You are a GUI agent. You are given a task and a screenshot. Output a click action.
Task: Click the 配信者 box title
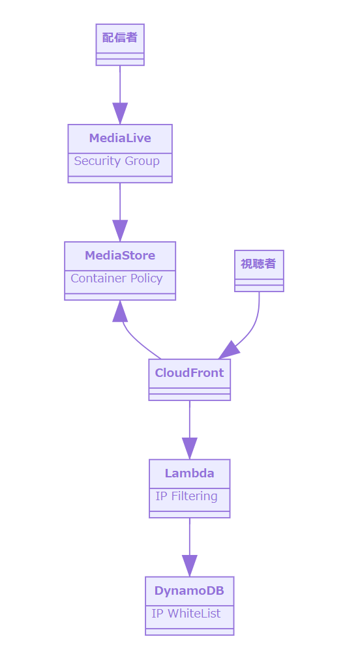(120, 38)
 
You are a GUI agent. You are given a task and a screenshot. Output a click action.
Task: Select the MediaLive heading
(120, 138)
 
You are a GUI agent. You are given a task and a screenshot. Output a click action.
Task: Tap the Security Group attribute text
(117, 161)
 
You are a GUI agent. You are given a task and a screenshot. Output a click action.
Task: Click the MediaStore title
(120, 255)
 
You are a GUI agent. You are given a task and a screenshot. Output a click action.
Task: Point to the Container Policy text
(117, 278)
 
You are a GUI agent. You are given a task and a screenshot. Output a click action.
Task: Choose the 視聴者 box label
(259, 264)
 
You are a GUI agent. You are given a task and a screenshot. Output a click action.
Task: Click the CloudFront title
(189, 373)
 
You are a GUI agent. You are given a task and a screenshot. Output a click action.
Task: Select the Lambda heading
(189, 473)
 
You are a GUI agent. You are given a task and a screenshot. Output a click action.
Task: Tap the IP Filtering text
(187, 496)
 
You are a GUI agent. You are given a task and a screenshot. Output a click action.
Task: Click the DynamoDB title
(189, 591)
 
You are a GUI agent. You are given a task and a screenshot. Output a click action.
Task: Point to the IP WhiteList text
(186, 614)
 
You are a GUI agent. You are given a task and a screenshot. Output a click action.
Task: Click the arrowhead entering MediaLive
(120, 113)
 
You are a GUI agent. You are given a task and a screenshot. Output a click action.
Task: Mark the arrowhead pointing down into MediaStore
(120, 231)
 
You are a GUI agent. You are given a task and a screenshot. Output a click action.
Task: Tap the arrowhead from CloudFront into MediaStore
(120, 311)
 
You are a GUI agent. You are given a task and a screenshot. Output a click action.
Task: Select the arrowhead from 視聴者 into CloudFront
(229, 350)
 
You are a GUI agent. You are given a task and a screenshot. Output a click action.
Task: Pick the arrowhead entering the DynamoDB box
(190, 565)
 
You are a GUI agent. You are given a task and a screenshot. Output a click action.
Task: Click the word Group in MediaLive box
(142, 161)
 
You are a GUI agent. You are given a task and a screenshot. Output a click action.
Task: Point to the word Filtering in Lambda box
(194, 496)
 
